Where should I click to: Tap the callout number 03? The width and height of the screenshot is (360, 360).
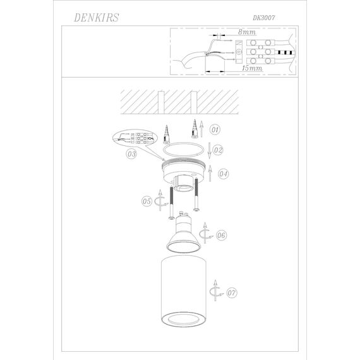[131, 153]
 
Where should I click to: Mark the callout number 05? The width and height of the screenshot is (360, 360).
[147, 201]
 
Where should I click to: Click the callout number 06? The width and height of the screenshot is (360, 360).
[220, 236]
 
